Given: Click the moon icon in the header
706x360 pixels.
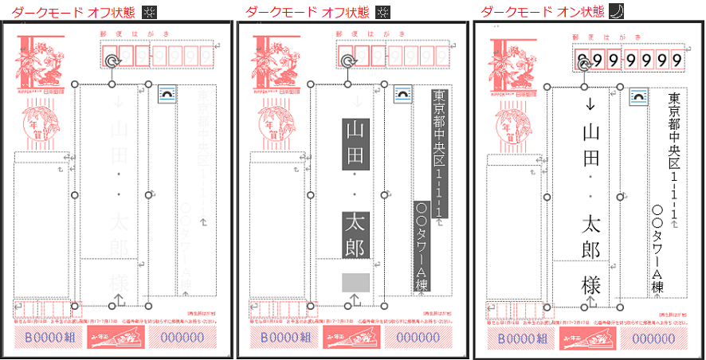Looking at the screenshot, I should click(616, 12).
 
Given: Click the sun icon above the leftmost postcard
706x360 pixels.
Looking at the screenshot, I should click(149, 12).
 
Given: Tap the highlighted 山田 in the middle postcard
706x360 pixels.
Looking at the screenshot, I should click(353, 144).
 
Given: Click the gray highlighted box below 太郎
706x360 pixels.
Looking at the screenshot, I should click(354, 282).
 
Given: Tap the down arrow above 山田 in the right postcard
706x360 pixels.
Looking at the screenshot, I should click(590, 104).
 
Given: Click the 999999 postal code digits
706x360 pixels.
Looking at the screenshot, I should click(630, 59).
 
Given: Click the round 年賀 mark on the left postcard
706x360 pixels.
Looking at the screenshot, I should click(37, 127).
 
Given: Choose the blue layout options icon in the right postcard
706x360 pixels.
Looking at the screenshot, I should click(638, 96).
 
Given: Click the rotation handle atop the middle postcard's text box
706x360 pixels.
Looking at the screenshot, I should click(348, 61).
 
